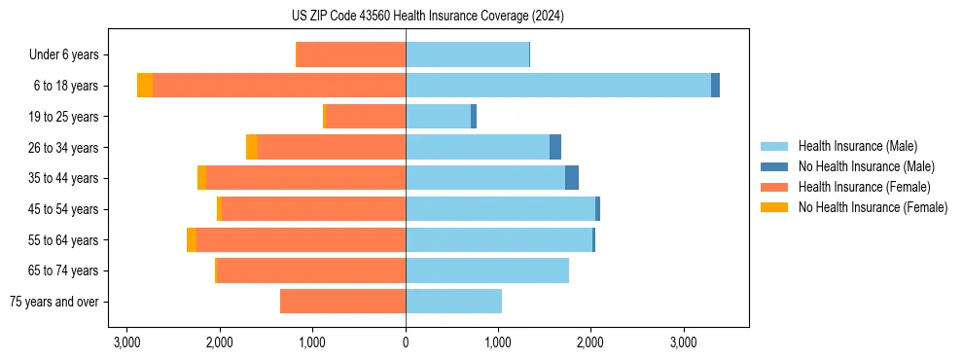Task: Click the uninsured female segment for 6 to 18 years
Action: (145, 86)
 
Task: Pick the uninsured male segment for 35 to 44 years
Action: (572, 178)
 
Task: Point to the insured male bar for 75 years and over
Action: (453, 302)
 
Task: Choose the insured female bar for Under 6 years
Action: (350, 55)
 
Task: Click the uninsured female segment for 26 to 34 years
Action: (252, 147)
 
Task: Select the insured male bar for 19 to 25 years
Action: (438, 117)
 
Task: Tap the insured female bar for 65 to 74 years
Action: (310, 270)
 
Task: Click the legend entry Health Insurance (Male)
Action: (857, 146)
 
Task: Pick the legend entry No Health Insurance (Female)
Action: (873, 207)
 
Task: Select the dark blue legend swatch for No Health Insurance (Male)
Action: (774, 166)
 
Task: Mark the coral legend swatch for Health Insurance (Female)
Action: (774, 187)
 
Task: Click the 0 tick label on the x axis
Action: (406, 342)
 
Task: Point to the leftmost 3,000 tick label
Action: (126, 342)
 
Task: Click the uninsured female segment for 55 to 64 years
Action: (192, 240)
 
